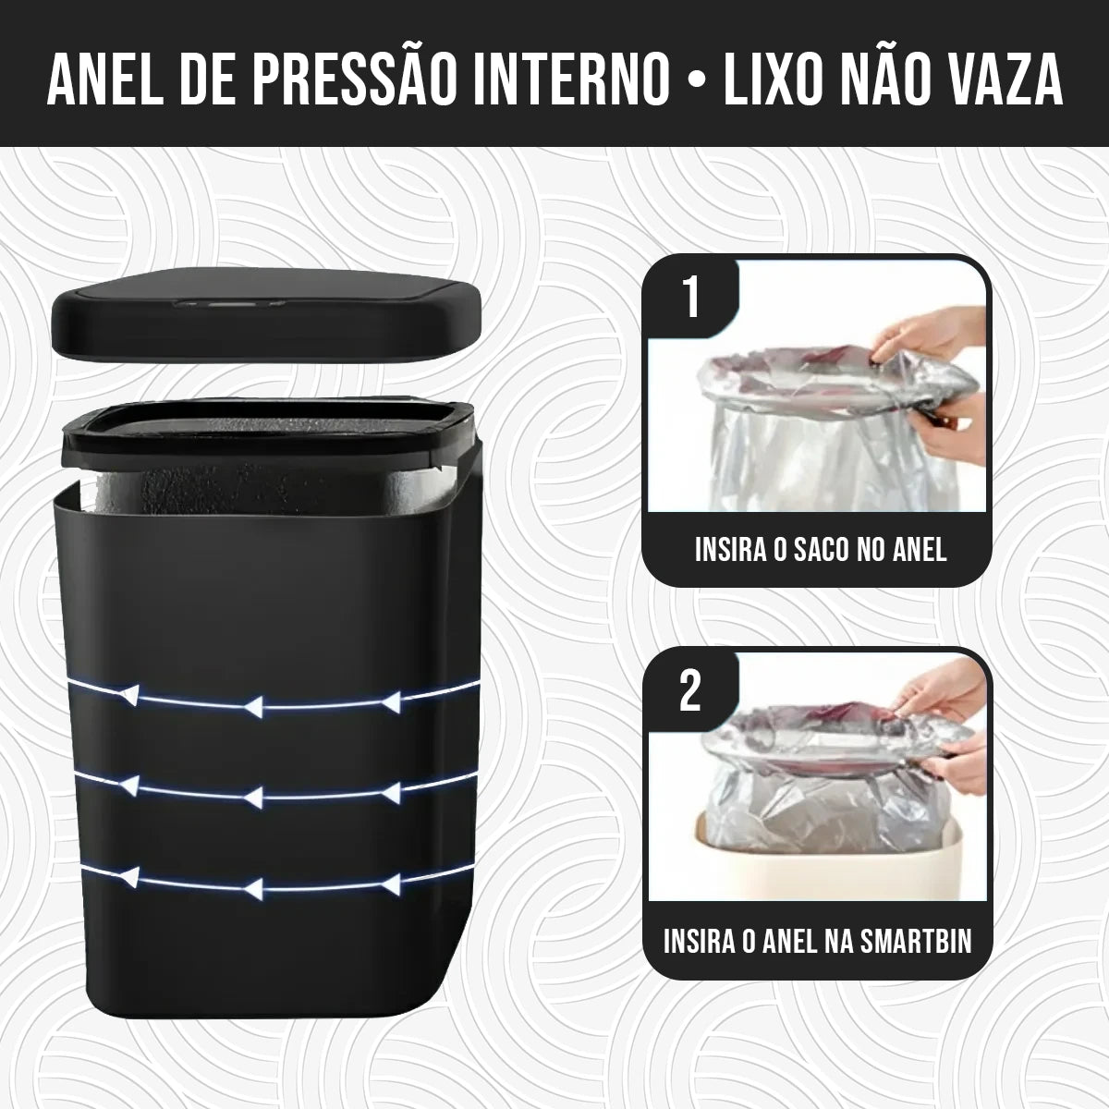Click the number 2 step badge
[691, 692]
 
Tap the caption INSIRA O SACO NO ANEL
[821, 550]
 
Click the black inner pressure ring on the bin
[268, 434]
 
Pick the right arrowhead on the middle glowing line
[392, 791]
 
